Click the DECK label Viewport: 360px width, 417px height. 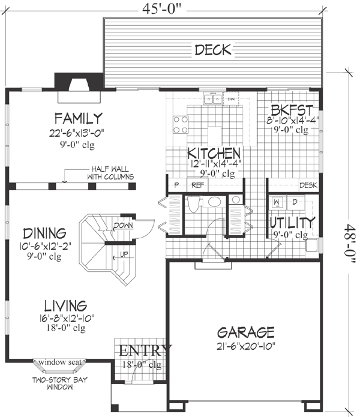coord(212,50)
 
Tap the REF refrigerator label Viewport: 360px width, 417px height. coord(197,185)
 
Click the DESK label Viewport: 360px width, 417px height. coord(307,185)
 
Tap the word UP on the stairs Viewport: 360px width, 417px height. coord(124,254)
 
